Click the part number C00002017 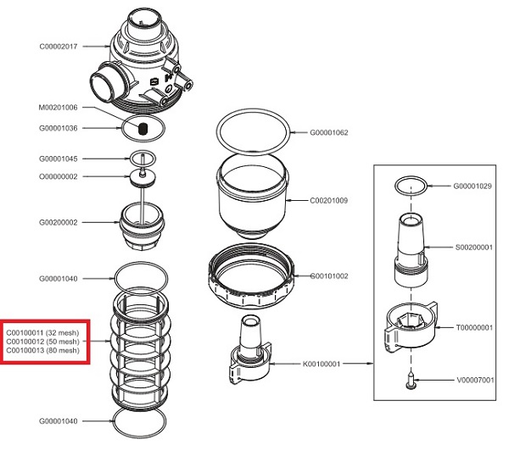coord(59,47)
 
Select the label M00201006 coord(59,108)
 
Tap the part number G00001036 coord(59,128)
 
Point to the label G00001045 coord(59,159)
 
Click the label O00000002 coord(59,176)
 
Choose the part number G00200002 coord(59,222)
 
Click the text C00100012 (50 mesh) coord(42,342)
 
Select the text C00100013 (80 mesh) coord(42,351)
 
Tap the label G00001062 coord(329,133)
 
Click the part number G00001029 coord(473,186)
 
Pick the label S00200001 coord(474,248)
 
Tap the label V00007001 coord(474,381)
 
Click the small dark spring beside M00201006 coord(143,129)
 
